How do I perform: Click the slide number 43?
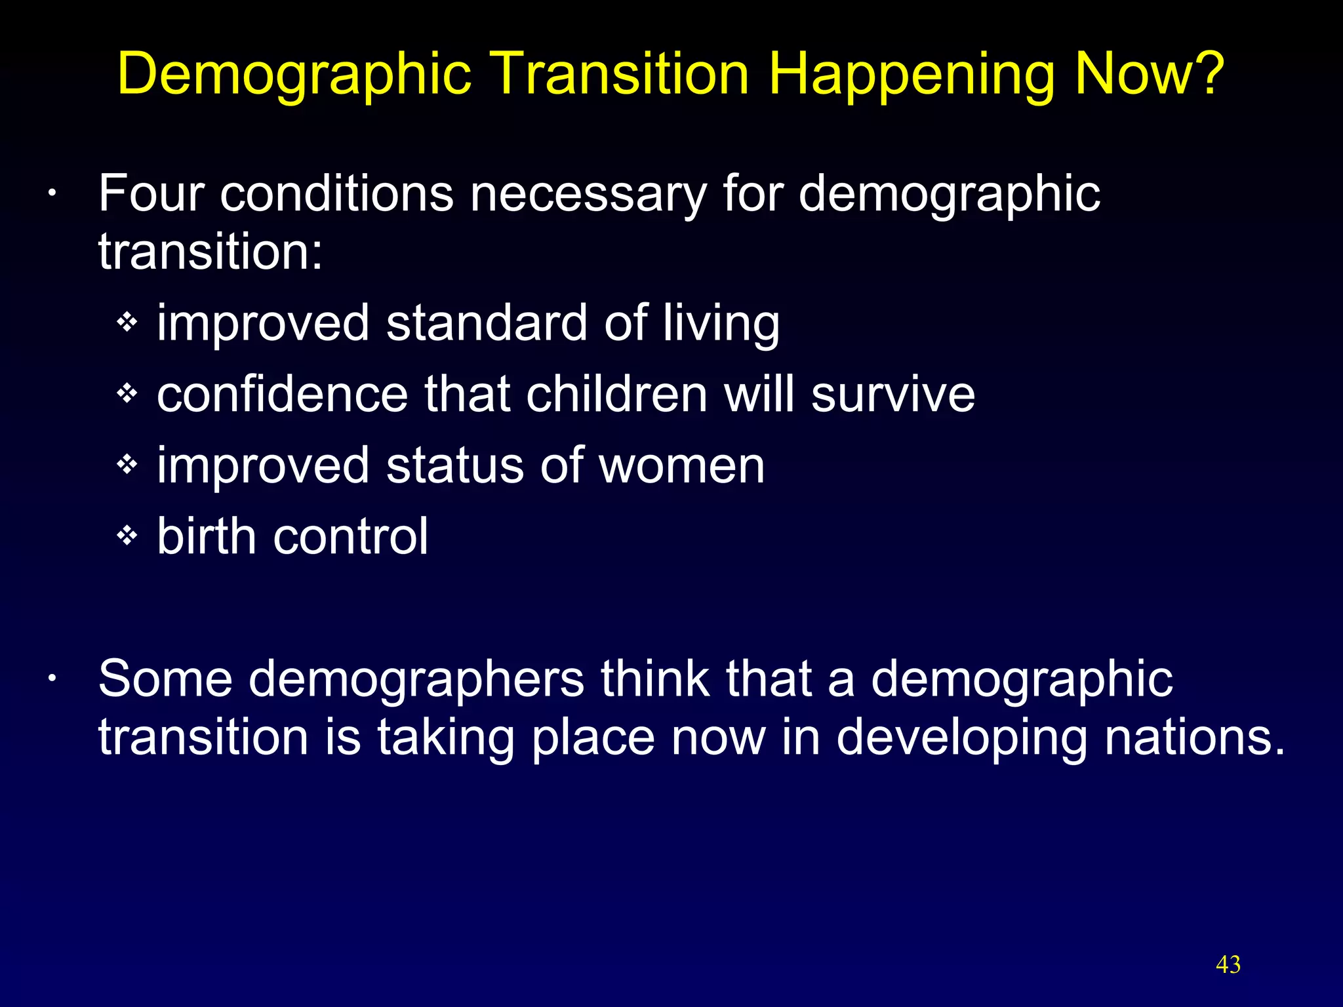tap(1228, 964)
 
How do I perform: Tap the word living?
tap(721, 324)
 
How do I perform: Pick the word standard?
tap(487, 323)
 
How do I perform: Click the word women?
tap(682, 465)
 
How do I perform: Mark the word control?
tap(350, 536)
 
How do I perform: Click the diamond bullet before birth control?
tap(127, 536)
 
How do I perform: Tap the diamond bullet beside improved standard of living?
tap(127, 322)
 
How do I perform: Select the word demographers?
tap(416, 680)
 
